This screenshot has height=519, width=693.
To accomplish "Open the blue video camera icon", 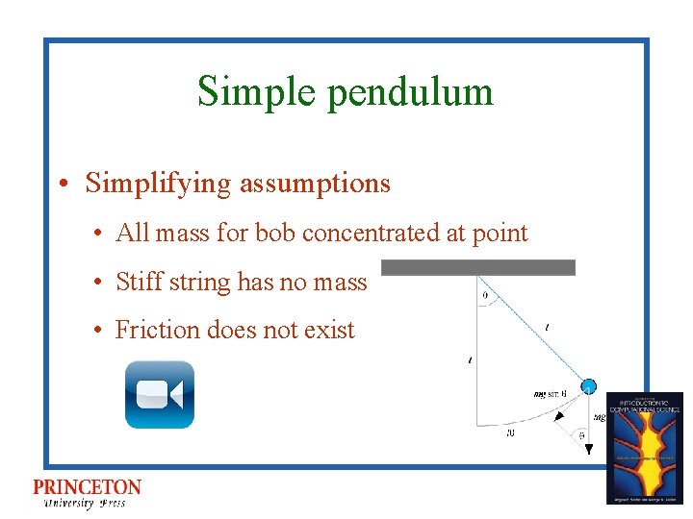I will point(160,394).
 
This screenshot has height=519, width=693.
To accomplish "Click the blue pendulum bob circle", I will point(589,386).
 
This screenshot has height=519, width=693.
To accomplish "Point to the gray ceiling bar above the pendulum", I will point(478,267).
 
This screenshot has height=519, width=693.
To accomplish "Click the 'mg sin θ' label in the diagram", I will point(550,394).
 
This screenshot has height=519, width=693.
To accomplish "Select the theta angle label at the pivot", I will point(484,296).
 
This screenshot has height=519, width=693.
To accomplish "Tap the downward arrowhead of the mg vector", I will point(588,449).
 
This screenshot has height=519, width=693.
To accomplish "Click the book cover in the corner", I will point(644,447).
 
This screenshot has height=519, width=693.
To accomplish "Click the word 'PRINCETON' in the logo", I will point(87,487).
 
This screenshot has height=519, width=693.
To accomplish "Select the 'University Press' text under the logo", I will point(84,503).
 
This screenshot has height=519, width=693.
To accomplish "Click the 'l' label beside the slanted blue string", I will point(547,328).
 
